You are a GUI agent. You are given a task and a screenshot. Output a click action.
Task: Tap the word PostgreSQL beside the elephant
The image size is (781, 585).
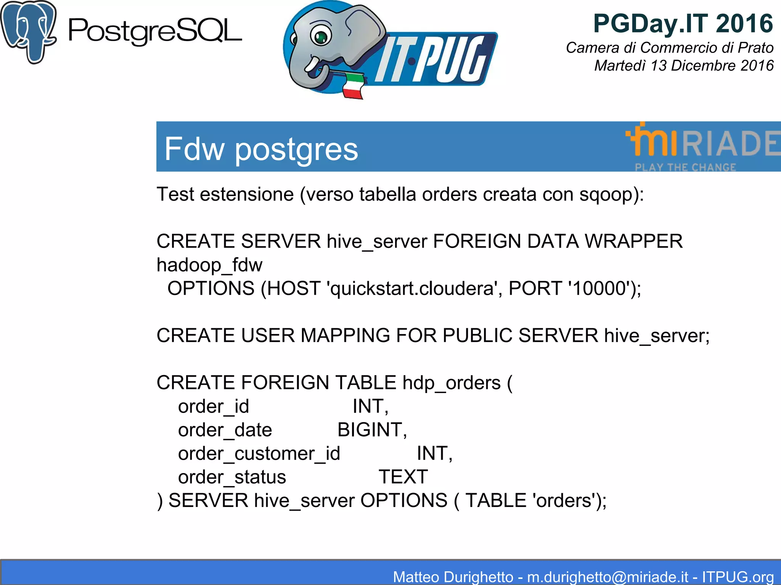pos(155,32)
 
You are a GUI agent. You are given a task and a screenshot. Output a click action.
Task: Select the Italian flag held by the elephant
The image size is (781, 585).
pos(352,86)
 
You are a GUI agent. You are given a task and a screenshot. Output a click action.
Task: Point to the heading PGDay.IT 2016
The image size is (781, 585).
pos(683,24)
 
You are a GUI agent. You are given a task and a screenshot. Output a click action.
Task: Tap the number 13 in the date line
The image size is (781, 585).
pos(658,66)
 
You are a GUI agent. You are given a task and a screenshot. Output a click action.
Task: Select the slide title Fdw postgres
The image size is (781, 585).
pos(261,149)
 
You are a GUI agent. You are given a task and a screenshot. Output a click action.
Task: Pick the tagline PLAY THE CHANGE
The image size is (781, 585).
pos(685,167)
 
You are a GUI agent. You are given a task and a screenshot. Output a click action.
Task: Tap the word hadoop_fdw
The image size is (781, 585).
pos(209,265)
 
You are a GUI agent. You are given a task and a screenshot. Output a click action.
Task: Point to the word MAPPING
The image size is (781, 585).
pos(345,336)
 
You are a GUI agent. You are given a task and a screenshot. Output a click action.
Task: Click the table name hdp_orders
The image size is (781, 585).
pos(452,383)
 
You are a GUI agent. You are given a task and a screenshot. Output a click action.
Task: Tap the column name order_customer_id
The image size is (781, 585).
pos(259,454)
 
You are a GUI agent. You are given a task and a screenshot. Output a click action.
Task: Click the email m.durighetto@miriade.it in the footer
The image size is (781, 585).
pos(607,577)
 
